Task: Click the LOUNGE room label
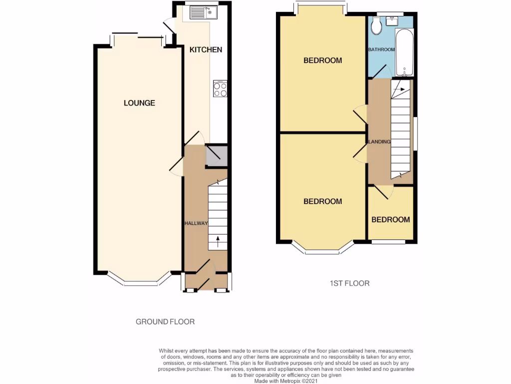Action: [139, 103]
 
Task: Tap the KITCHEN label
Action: [206, 49]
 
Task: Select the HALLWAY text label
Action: [196, 223]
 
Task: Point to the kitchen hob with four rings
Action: [220, 89]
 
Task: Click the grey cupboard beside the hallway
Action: [216, 156]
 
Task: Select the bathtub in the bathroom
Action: [404, 52]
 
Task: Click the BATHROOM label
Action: [381, 49]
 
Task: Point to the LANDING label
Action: [379, 142]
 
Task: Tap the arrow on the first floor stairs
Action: [399, 89]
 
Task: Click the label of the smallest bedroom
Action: [390, 219]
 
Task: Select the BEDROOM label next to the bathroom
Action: [323, 60]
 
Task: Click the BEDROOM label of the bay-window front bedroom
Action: [323, 201]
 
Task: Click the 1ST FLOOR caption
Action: [349, 283]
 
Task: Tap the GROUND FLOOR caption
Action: [165, 321]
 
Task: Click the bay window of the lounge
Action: [139, 283]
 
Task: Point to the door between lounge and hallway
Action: [176, 166]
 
